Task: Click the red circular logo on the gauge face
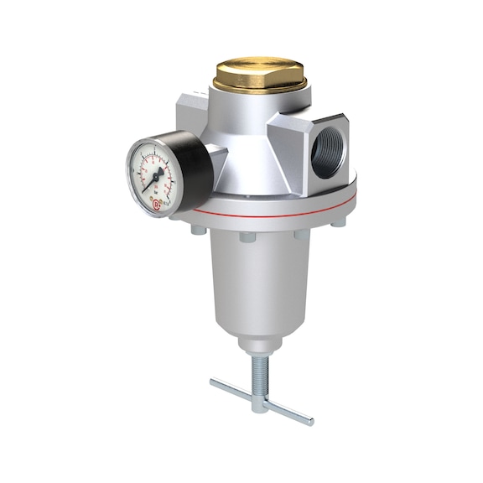coord(158,202)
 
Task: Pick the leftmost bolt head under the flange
coord(195,228)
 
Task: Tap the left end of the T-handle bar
coord(216,384)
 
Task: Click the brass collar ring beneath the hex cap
coord(261,87)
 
